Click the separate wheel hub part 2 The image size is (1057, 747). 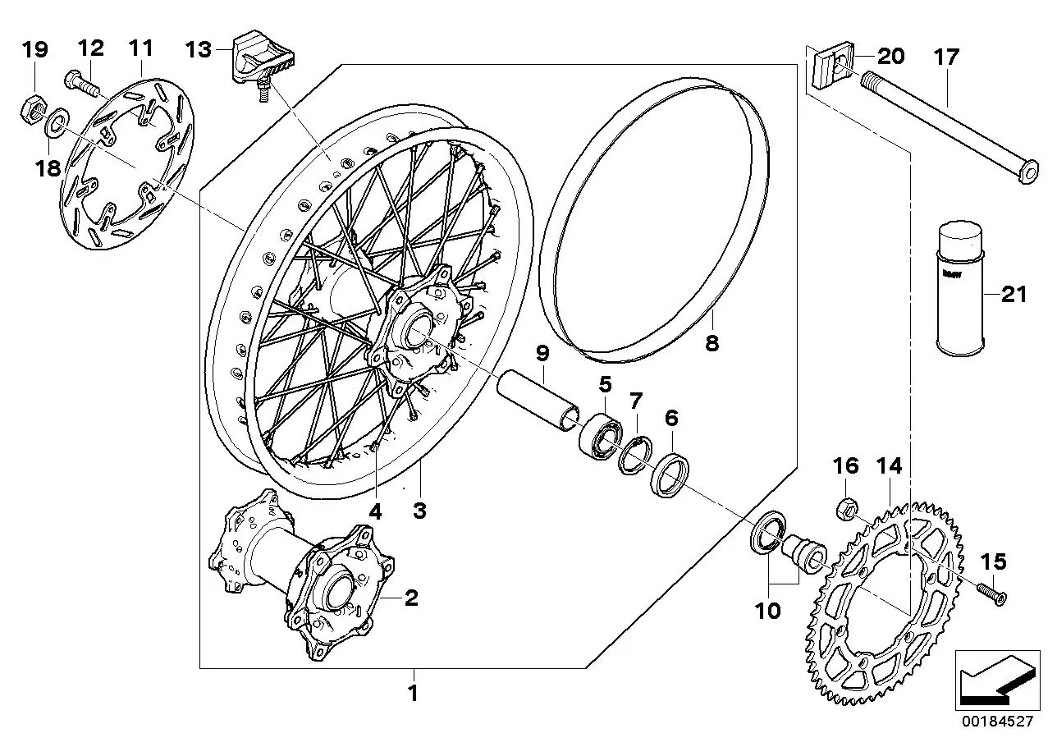(x=304, y=575)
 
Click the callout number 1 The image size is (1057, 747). (x=414, y=694)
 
